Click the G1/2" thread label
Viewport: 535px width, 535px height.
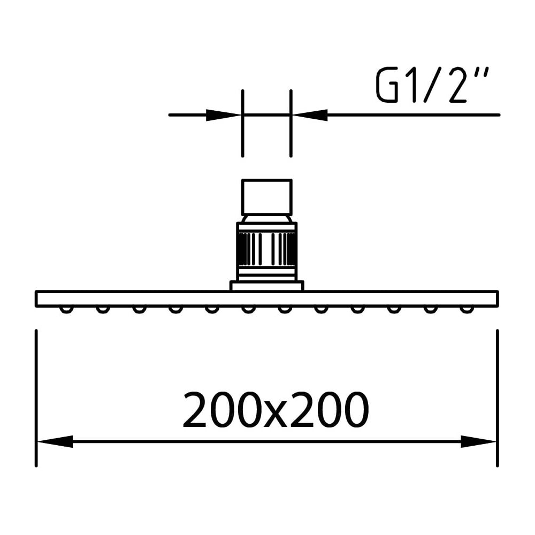pyautogui.click(x=433, y=85)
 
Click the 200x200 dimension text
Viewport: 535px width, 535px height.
pyautogui.click(x=276, y=410)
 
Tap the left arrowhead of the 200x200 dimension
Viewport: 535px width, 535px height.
pyautogui.click(x=55, y=441)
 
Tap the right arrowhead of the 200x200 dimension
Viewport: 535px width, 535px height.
pyautogui.click(x=478, y=441)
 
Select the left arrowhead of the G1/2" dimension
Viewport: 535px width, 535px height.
pyautogui.click(x=224, y=115)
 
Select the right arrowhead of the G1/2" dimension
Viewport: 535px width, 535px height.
pyautogui.click(x=310, y=115)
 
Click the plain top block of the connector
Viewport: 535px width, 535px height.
pyautogui.click(x=267, y=197)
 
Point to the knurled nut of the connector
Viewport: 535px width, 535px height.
pyautogui.click(x=267, y=249)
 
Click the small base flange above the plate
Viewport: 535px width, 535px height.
pyautogui.click(x=267, y=286)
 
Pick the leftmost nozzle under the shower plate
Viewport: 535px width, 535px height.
pyautogui.click(x=66, y=309)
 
